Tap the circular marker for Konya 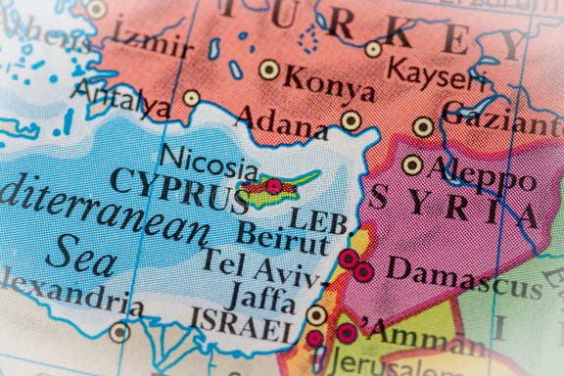point(268,70)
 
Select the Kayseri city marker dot point(373,49)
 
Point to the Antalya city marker point(191,98)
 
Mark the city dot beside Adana point(351,119)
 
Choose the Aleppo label point(482,174)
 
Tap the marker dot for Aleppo point(412,164)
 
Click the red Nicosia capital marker point(274,186)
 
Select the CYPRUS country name point(178,190)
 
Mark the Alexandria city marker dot point(119,332)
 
